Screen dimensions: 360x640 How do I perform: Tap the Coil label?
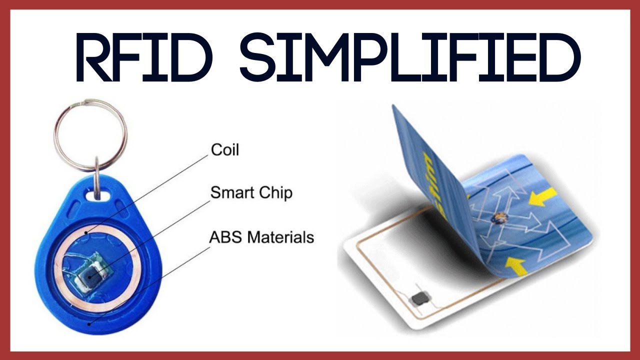pos(224,149)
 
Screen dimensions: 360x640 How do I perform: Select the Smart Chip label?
pos(251,192)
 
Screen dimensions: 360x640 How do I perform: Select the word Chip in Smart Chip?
pos(274,192)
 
